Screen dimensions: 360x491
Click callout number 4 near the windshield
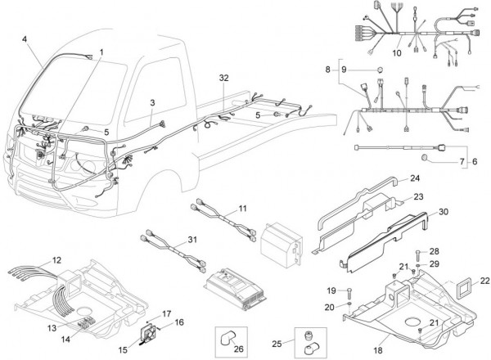click(25, 39)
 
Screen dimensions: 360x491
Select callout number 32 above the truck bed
click(224, 77)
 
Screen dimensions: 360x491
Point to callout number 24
click(415, 178)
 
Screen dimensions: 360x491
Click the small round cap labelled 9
click(380, 70)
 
